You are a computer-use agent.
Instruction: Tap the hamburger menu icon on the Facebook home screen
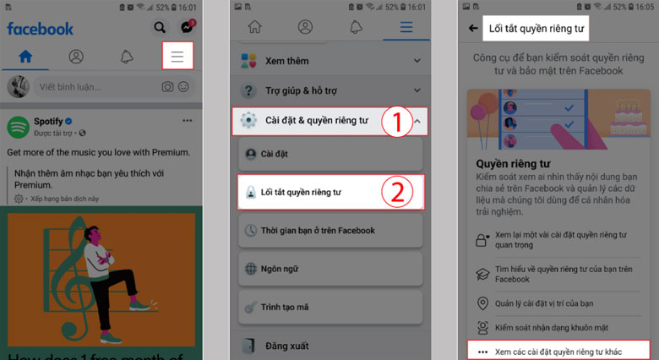pyautogui.click(x=177, y=57)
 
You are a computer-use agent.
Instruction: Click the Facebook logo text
pyautogui.click(x=40, y=28)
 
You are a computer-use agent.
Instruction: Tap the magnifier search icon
pyautogui.click(x=160, y=28)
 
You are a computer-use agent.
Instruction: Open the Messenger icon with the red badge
pyautogui.click(x=185, y=28)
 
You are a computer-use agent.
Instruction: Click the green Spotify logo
pyautogui.click(x=19, y=127)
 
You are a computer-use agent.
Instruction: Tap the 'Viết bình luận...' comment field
pyautogui.click(x=93, y=87)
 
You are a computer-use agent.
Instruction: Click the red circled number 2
pyautogui.click(x=395, y=193)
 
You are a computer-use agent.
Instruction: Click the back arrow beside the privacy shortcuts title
pyautogui.click(x=472, y=28)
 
